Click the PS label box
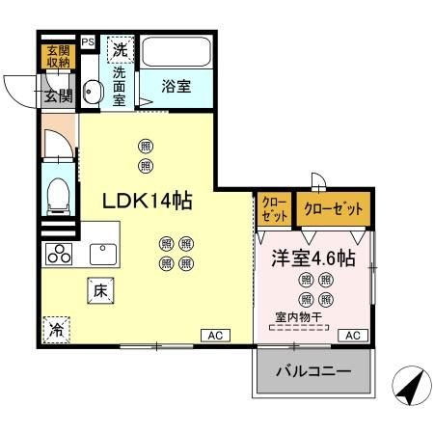88,42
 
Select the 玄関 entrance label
57,95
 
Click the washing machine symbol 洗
119,49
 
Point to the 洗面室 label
120,85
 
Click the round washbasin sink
93,93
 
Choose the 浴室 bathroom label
176,86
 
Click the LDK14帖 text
148,201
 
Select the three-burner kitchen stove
59,256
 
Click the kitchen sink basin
103,254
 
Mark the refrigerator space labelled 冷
57,329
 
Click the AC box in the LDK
214,335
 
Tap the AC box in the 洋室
353,335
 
